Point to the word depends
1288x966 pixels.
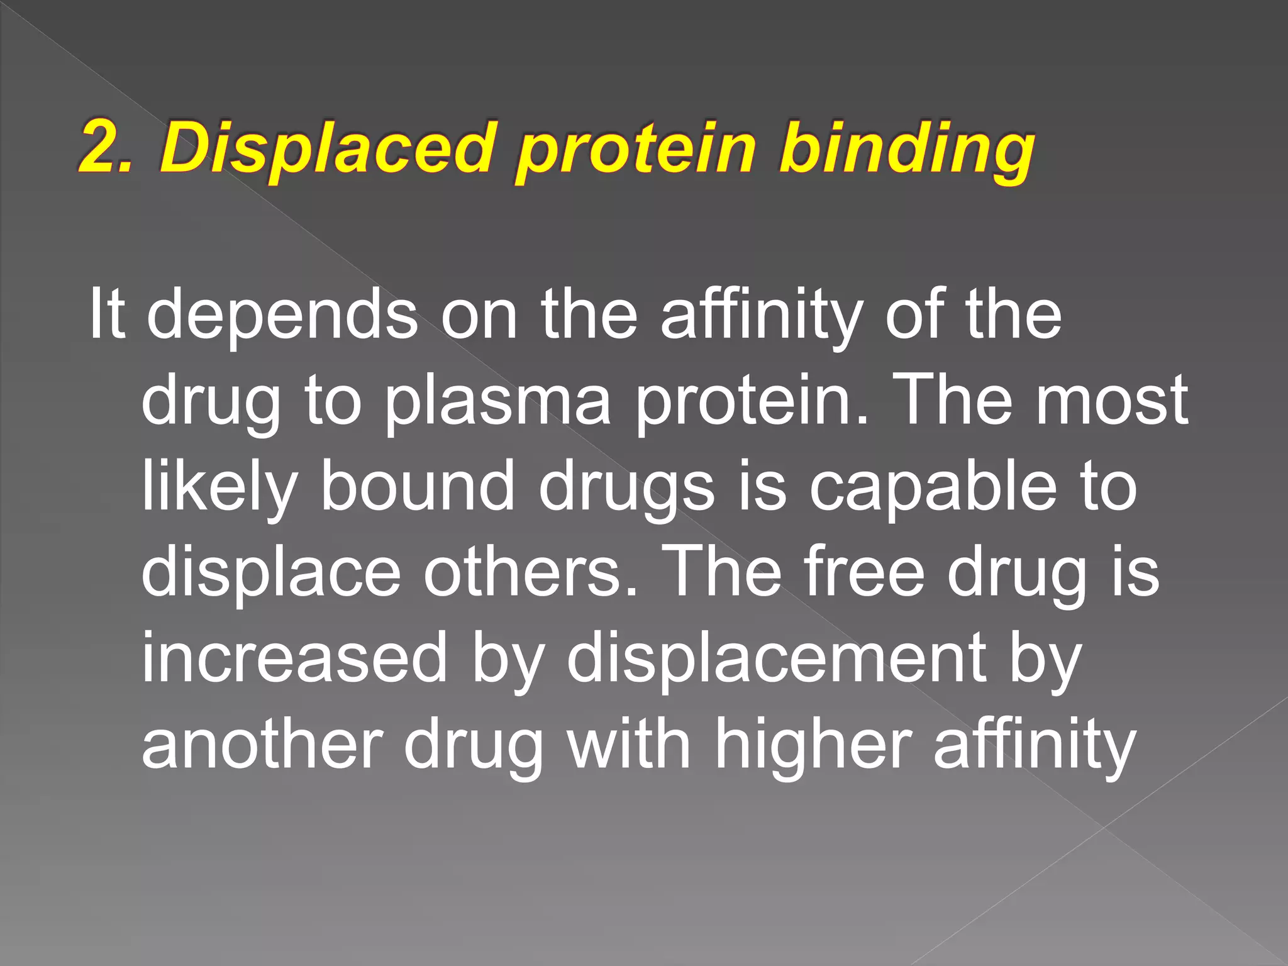pyautogui.click(x=282, y=314)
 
